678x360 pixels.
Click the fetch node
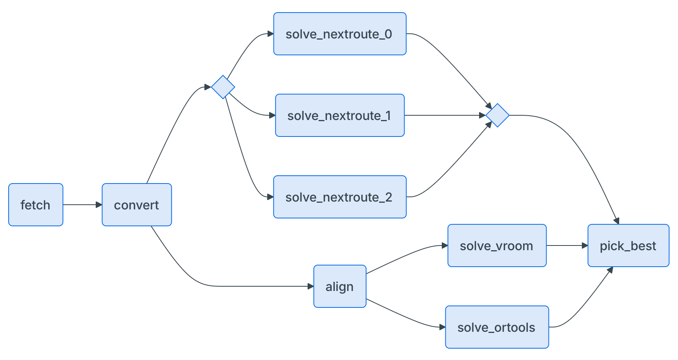pos(36,205)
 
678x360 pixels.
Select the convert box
pos(137,205)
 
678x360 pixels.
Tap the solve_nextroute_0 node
pos(340,34)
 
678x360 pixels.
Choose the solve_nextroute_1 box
pos(340,115)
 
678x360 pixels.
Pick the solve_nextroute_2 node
pos(340,197)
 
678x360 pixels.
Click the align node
pos(340,286)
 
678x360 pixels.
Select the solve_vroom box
pos(497,245)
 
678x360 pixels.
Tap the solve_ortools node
pos(497,327)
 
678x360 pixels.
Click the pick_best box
pos(629,245)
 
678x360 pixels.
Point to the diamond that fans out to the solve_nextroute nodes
pos(223,87)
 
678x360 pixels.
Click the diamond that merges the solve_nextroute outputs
pos(498,115)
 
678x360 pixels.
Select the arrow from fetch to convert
pos(82,205)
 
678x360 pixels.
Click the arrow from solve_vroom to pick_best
pos(567,245)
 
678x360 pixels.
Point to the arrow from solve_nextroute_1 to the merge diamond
pos(445,115)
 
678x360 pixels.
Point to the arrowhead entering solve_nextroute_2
pos(271,197)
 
